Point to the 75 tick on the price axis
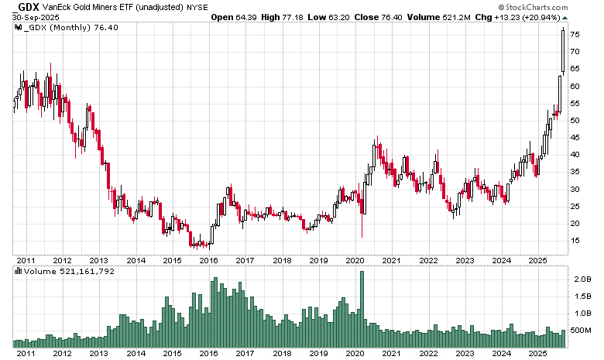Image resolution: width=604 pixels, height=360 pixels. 577,35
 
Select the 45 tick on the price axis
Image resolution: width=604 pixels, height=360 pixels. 577,138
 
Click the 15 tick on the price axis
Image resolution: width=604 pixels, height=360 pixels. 577,241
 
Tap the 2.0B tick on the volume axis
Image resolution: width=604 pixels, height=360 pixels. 581,279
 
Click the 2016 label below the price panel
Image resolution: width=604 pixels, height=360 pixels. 208,260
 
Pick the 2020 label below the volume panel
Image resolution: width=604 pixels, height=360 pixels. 355,353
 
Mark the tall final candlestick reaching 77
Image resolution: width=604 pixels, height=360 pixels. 563,51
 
